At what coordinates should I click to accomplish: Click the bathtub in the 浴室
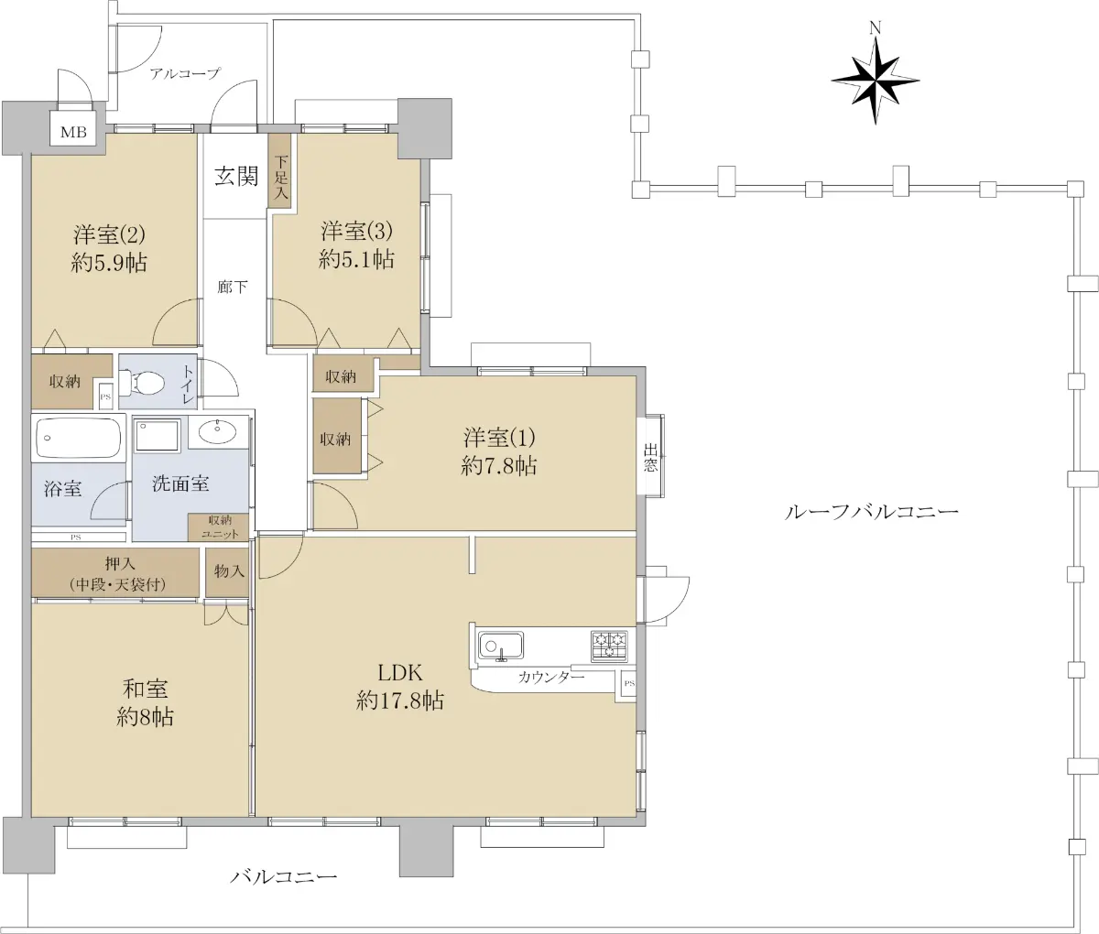(x=79, y=438)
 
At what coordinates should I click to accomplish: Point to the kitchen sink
(x=501, y=646)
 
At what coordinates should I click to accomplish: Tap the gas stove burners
(x=609, y=646)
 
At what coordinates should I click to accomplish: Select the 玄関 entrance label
(x=236, y=176)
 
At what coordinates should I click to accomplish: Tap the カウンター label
(x=550, y=677)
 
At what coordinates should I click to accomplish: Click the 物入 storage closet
(x=227, y=572)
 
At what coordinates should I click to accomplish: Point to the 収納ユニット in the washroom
(x=218, y=527)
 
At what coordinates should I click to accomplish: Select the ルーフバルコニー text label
(x=872, y=512)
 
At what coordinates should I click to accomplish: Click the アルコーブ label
(x=184, y=73)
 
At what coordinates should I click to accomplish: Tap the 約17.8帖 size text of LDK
(x=400, y=701)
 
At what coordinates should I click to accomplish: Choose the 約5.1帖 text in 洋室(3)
(x=356, y=259)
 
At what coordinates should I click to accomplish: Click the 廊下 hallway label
(x=233, y=287)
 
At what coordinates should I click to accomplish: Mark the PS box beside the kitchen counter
(x=628, y=684)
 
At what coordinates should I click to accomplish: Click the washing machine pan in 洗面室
(x=158, y=435)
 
